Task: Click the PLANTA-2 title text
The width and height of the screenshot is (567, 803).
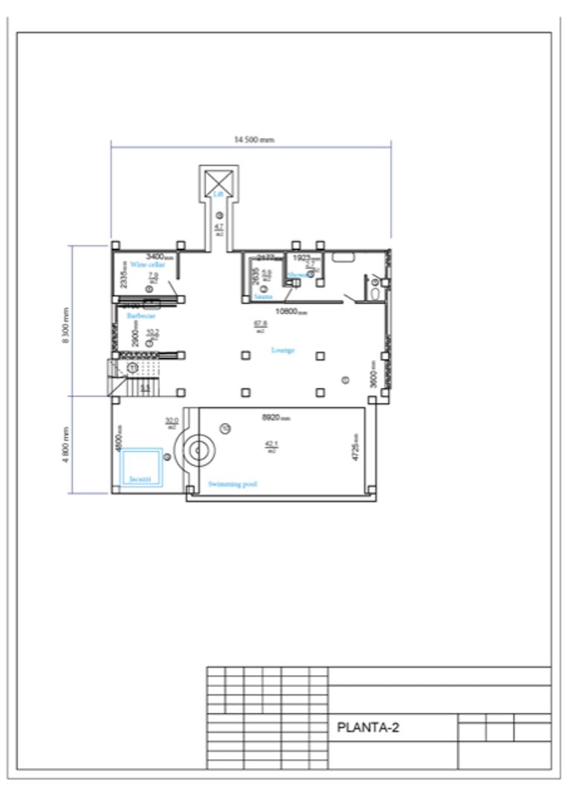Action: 368,727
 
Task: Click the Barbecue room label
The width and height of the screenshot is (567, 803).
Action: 140,315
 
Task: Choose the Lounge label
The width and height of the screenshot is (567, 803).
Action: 282,349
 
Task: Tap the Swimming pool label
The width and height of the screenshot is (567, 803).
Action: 233,484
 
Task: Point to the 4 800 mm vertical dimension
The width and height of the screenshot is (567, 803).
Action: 65,445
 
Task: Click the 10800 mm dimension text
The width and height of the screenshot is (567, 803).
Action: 291,312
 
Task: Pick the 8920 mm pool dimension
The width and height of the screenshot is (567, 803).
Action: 276,418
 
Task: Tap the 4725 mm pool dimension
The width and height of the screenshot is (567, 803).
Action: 356,447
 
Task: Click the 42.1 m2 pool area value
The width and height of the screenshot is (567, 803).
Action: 271,446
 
